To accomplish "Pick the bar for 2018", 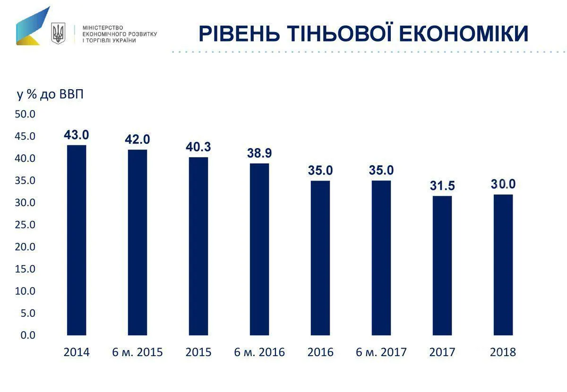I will (503, 265).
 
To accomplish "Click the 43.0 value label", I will (77, 135).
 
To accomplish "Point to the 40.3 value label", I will (198, 147).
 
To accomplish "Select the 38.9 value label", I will (259, 153).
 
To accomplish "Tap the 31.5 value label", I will (442, 186).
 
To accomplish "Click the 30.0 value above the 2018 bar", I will (503, 184).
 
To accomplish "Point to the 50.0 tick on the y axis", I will (26, 114).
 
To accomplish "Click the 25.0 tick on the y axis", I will (26, 225).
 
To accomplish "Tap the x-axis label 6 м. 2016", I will (259, 352).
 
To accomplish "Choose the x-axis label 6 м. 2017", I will (381, 352).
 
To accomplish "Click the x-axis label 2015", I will (198, 352).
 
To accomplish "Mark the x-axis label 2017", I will (442, 352).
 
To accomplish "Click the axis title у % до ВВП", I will (50, 94).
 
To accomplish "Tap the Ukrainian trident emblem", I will (58, 33).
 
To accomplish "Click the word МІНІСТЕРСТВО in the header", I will (103, 28).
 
